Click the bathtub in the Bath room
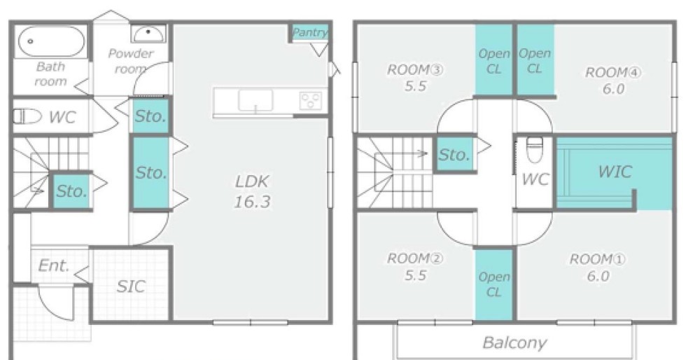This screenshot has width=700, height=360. [51, 41]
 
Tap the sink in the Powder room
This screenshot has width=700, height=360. [148, 34]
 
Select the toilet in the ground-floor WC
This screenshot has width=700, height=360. [27, 117]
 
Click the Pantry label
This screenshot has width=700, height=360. [310, 32]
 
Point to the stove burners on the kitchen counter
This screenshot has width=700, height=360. [310, 100]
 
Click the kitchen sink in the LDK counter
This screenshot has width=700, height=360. [255, 100]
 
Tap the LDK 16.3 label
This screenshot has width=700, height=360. [252, 192]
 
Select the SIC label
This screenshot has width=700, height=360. [132, 286]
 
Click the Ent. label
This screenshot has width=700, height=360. [54, 265]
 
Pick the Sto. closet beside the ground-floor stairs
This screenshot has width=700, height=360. [71, 191]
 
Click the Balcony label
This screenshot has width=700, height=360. [514, 342]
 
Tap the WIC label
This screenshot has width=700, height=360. [615, 171]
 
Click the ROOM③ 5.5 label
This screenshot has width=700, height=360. [414, 78]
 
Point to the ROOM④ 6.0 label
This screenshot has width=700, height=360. [613, 81]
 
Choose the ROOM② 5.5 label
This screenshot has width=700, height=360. [414, 267]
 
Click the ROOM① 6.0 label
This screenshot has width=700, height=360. [598, 267]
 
